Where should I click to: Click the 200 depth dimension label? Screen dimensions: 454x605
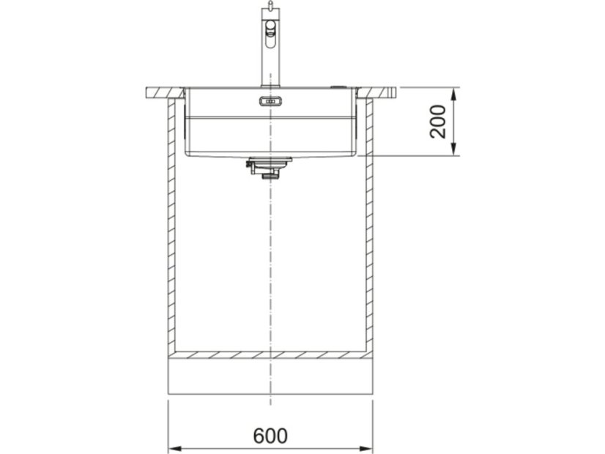pyautogui.click(x=438, y=122)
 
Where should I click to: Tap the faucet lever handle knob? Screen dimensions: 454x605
pyautogui.click(x=271, y=29)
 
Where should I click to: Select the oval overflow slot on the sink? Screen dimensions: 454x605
pyautogui.click(x=270, y=101)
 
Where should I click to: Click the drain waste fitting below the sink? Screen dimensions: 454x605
pyautogui.click(x=268, y=169)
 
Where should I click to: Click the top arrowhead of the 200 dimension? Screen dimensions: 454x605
pyautogui.click(x=456, y=93)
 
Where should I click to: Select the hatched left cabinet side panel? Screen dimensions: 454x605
pyautogui.click(x=171, y=227)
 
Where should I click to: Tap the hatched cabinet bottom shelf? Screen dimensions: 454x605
pyautogui.click(x=270, y=354)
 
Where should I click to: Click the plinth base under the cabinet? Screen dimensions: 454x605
pyautogui.click(x=270, y=376)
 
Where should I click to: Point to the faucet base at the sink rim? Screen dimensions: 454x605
pyautogui.click(x=269, y=84)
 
